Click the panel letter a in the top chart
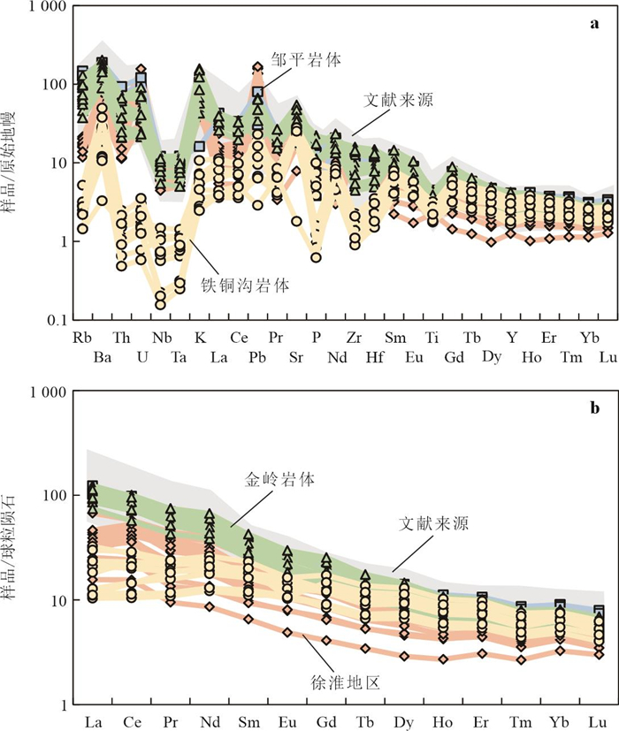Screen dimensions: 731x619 pos(594,24)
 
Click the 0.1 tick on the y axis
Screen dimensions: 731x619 pos(51,320)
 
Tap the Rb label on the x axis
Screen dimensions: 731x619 pos(82,339)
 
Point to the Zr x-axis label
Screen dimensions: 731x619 pos(355,339)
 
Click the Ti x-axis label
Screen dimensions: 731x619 pos(432,339)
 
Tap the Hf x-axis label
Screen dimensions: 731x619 pos(373,357)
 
